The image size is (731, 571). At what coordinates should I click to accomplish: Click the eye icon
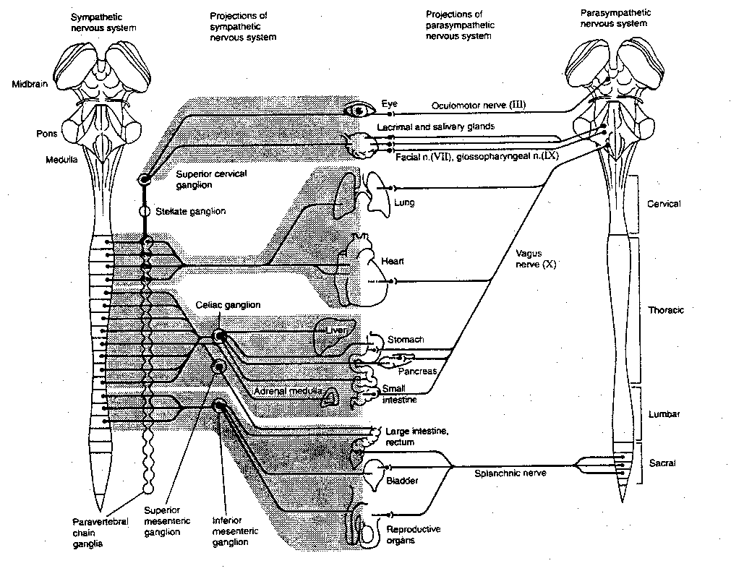coord(358,111)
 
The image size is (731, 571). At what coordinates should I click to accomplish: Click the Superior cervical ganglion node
coord(145,180)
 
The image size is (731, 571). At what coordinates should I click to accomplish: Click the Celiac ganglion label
coord(228,306)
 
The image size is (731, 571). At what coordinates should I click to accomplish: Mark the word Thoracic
coord(666,310)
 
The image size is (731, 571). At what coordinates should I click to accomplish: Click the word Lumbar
coord(664,415)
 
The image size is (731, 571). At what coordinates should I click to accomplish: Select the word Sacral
coord(663,464)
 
